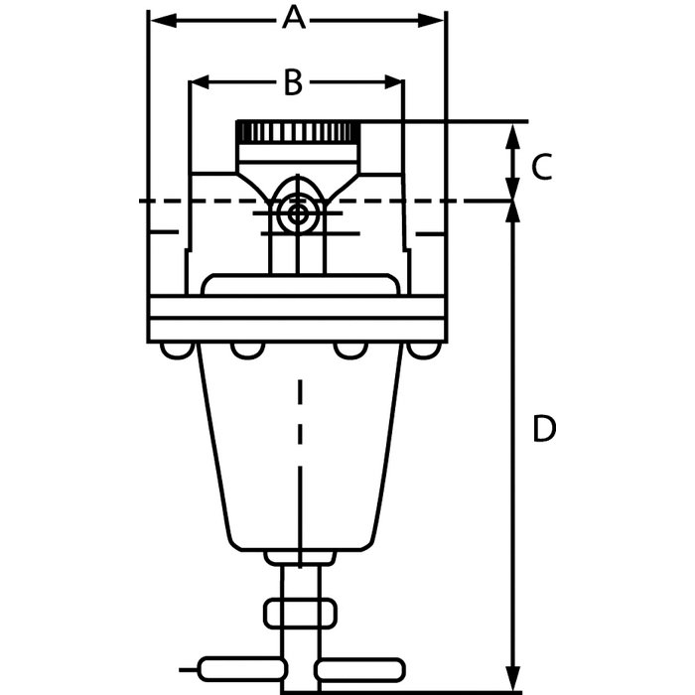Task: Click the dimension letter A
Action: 294,18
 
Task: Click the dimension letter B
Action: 293,82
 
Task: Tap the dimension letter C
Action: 542,167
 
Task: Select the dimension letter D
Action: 543,429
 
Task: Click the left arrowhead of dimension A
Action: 163,21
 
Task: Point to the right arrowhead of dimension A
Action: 431,21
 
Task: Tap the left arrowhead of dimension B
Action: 199,82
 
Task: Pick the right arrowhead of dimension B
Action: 393,82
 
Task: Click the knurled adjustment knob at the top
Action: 298,131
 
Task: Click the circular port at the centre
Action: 297,213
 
